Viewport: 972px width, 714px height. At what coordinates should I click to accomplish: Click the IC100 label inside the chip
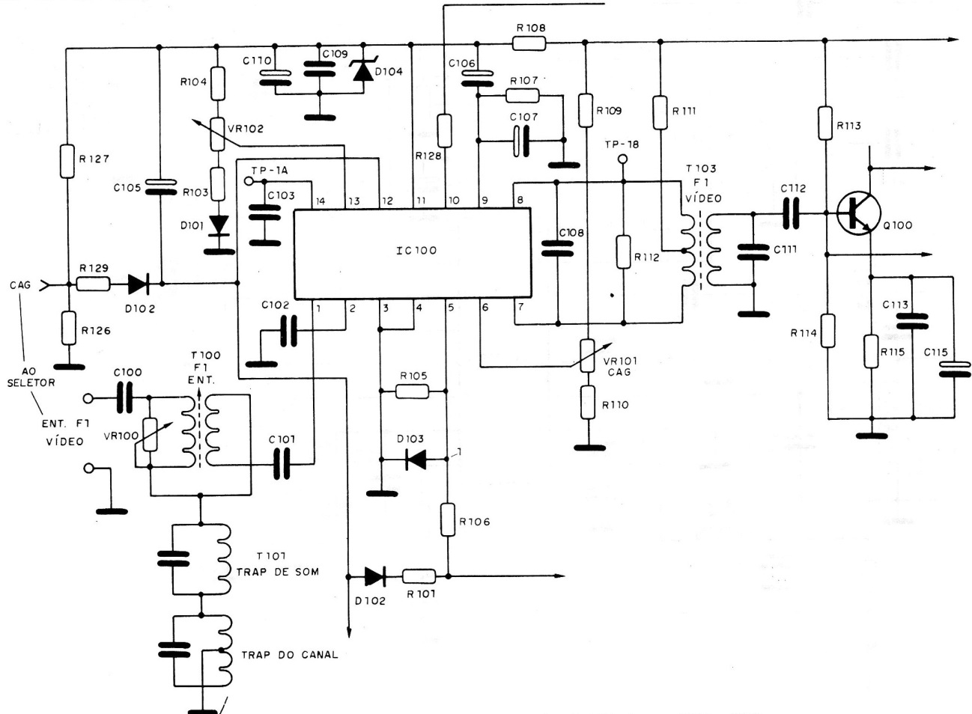click(416, 251)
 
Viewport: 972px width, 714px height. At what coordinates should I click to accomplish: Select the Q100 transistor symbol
click(854, 213)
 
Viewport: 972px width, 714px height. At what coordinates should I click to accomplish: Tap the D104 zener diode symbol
click(363, 71)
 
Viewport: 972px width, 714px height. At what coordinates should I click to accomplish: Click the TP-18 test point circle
click(622, 160)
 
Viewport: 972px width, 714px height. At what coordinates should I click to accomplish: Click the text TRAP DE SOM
click(277, 572)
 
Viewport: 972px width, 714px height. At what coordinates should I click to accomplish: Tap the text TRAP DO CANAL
click(289, 655)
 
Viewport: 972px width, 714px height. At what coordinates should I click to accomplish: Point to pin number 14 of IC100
click(320, 201)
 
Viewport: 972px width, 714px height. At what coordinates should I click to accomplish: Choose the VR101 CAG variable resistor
click(589, 354)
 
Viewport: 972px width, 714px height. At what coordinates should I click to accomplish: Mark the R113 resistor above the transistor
click(824, 123)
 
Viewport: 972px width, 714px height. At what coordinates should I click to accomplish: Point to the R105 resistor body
click(413, 391)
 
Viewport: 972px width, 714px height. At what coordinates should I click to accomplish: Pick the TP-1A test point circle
click(250, 181)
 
